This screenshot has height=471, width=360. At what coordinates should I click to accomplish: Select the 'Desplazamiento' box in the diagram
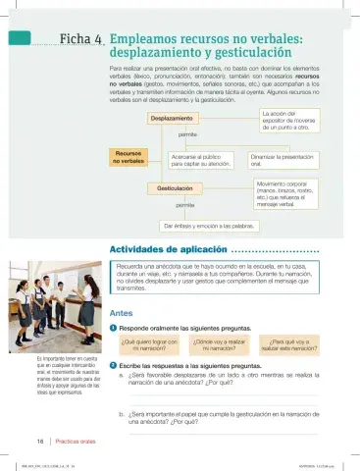point(172,118)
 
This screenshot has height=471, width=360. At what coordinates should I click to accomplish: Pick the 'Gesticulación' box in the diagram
point(176,187)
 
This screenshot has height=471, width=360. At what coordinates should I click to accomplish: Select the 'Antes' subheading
point(122,312)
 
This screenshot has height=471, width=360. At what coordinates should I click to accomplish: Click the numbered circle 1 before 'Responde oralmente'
point(114,328)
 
